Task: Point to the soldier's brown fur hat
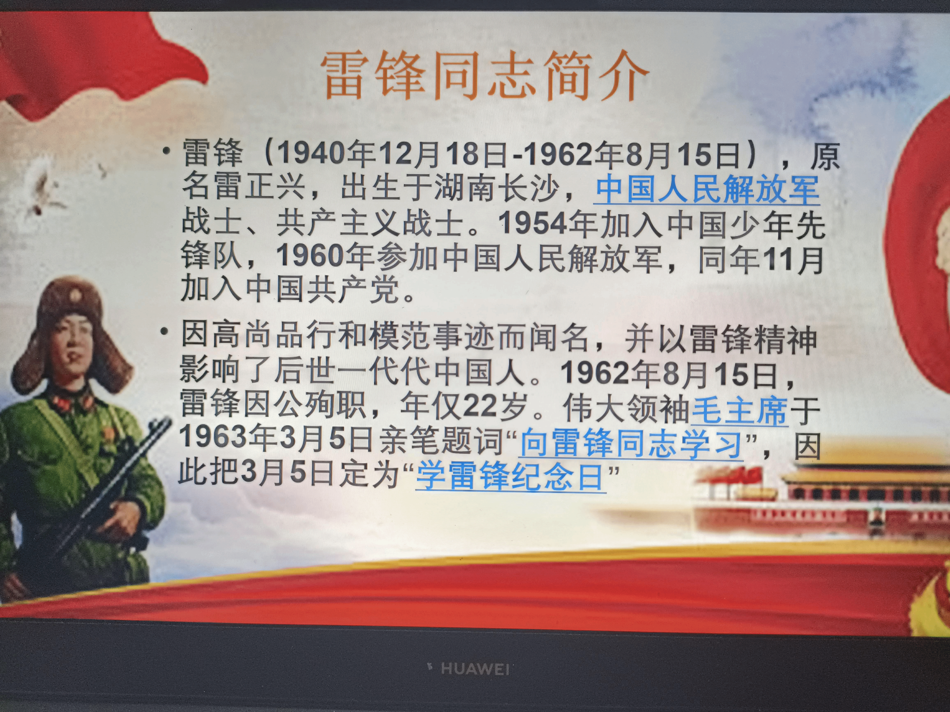71,331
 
